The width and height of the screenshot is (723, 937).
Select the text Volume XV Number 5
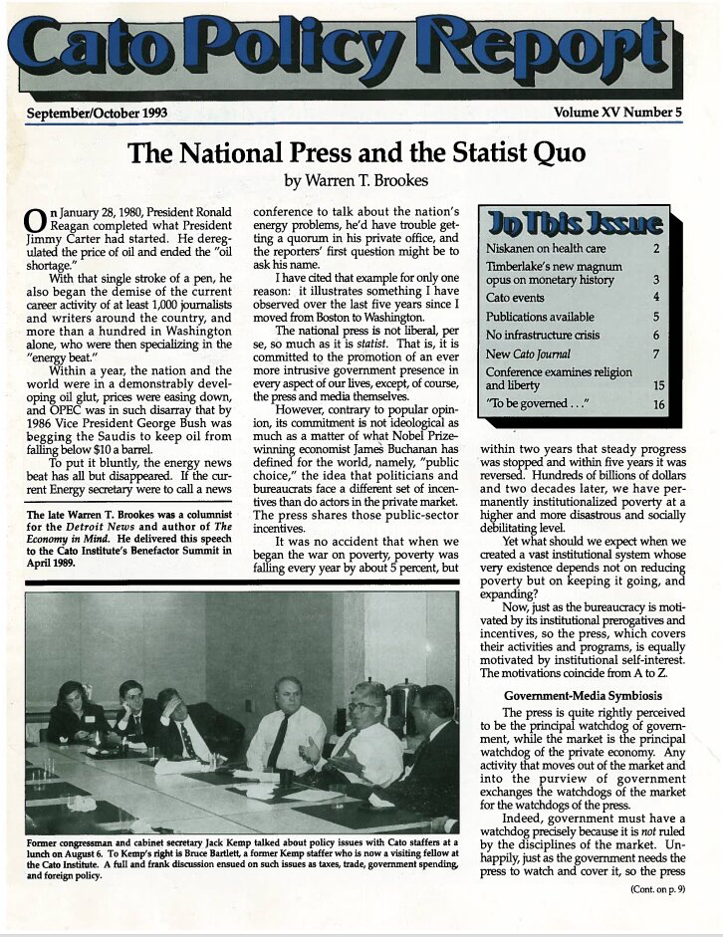[618, 113]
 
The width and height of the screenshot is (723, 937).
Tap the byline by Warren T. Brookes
[358, 181]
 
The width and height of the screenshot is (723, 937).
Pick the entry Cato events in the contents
[516, 297]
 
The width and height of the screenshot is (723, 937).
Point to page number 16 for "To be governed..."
[658, 405]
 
